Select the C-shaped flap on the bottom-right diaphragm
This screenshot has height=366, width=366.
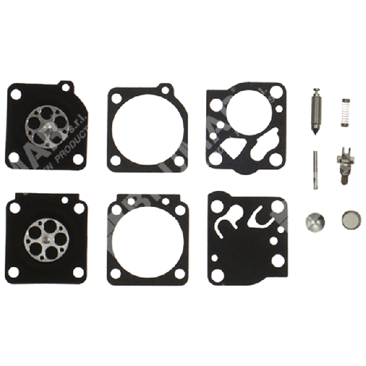click(x=256, y=217)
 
